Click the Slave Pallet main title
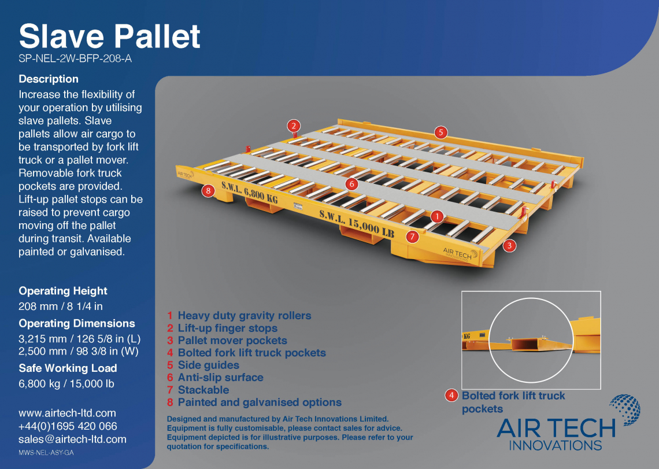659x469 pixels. [x=109, y=36]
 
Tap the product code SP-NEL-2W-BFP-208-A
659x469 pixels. [x=72, y=58]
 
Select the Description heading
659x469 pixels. [x=49, y=79]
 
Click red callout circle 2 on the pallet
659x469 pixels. [x=294, y=125]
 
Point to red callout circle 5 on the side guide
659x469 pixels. [x=440, y=132]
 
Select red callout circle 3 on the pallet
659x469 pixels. [x=509, y=246]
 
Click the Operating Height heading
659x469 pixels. [x=63, y=291]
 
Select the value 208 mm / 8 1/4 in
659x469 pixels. [x=61, y=306]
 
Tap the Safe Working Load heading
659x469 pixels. [x=68, y=368]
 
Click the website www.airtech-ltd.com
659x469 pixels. [x=67, y=413]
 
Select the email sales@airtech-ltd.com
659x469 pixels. [x=72, y=439]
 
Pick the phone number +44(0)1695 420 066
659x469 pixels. [x=68, y=426]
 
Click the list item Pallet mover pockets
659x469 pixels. [x=232, y=341]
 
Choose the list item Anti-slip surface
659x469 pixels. [x=220, y=377]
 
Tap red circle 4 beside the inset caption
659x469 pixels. [x=451, y=396]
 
